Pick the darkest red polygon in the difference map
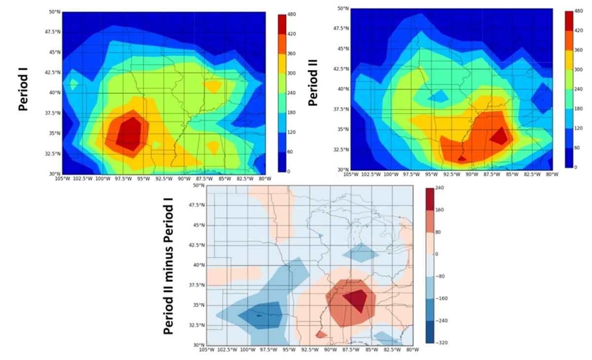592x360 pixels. click(x=356, y=300)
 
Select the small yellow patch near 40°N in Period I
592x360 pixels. click(x=213, y=86)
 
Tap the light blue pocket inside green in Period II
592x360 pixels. click(x=438, y=96)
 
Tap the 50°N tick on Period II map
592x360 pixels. click(x=343, y=8)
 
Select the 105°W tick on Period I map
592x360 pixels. click(x=62, y=179)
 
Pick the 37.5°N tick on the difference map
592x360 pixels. click(x=198, y=285)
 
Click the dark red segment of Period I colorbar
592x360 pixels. click(x=282, y=24)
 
